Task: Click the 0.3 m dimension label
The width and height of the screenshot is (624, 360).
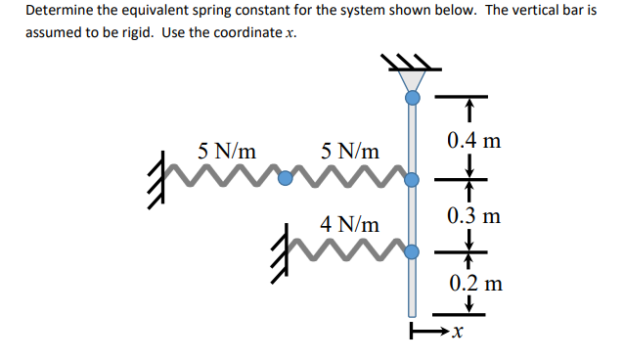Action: pos(473,215)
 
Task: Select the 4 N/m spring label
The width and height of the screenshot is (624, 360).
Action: pos(350,224)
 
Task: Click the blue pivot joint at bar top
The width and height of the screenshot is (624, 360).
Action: pos(413,98)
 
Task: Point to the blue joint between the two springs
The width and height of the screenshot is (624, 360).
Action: pos(286,180)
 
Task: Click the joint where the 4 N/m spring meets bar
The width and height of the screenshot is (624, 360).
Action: pos(413,252)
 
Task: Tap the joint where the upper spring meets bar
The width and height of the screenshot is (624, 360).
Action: pos(413,180)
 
